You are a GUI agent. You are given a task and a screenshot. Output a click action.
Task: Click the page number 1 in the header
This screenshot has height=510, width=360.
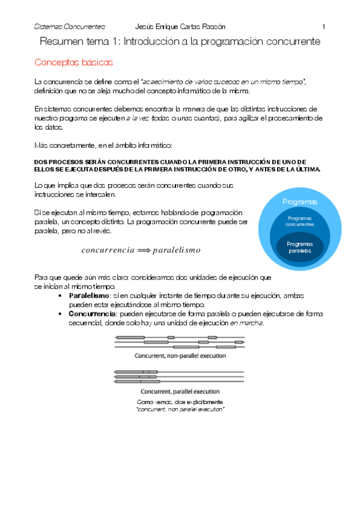point(323,26)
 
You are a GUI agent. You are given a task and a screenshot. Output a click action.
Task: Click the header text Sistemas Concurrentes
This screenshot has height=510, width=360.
point(69,26)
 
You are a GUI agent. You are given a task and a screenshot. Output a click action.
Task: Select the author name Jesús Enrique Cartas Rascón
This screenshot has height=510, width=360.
point(180,26)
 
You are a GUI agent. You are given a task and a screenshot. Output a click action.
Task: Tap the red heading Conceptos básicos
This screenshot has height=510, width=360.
point(73,62)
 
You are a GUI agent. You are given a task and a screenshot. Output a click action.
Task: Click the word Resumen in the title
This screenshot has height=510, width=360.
point(63,41)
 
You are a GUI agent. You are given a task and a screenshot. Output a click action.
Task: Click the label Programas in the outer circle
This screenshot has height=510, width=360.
point(300,202)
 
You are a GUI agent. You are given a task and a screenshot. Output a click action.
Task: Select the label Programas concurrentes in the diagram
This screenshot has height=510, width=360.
point(300,221)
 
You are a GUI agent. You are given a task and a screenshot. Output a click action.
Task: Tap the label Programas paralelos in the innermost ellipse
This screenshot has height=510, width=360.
point(300,247)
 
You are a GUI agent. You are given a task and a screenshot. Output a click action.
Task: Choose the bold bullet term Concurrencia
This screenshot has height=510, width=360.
point(92,313)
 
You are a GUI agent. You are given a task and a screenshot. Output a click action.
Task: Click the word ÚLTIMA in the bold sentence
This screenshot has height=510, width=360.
point(306,170)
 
